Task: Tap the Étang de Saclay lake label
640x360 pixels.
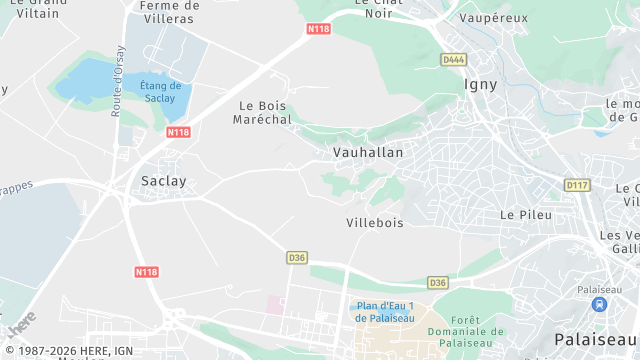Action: pos(160,92)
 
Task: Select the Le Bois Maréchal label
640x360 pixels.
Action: pos(265,112)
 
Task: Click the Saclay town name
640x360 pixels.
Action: pos(164,181)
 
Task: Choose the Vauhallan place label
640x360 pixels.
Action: pos(367,152)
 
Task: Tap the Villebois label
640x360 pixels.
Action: pos(375,222)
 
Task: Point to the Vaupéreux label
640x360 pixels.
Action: pos(493,18)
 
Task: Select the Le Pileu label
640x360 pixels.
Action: pos(520,214)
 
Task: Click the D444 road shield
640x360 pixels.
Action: pos(454,60)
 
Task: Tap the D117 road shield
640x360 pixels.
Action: pos(577,185)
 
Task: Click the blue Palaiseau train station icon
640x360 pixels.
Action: pos(599,304)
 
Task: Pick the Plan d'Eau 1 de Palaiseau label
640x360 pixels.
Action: pos(385,312)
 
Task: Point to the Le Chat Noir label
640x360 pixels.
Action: pos(379,8)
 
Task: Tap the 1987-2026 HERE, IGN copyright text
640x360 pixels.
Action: pos(66,351)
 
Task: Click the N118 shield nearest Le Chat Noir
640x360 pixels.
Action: pos(318,29)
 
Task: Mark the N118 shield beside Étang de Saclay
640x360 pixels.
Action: pos(178,132)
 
